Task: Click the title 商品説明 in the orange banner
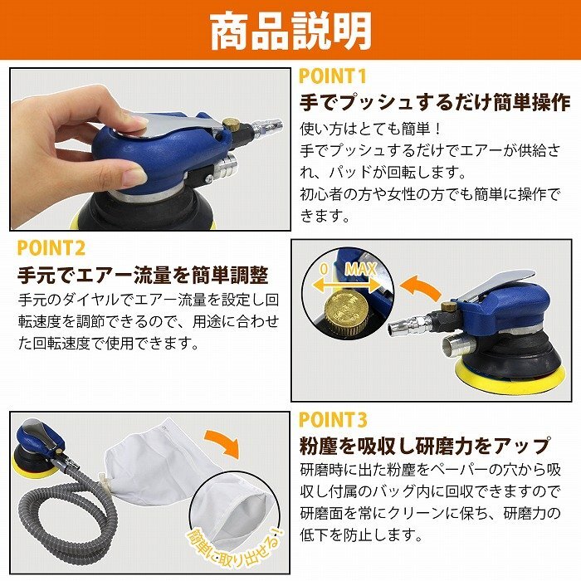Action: [x=290, y=32]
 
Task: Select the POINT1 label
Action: [x=332, y=76]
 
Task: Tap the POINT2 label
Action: [x=51, y=248]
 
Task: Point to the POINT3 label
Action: [x=333, y=419]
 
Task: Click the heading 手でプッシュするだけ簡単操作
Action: [x=435, y=102]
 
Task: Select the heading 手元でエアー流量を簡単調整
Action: [x=143, y=275]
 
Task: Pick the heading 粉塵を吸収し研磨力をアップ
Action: [x=426, y=446]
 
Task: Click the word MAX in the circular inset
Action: [x=360, y=269]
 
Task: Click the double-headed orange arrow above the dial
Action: [x=347, y=285]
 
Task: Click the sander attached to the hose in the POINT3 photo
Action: [x=40, y=447]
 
